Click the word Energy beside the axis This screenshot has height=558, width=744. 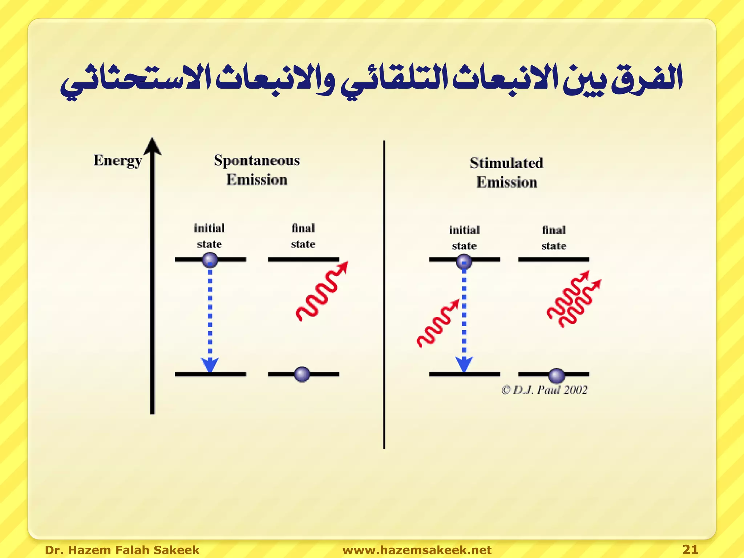click(x=117, y=161)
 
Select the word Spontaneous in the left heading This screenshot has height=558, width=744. click(x=257, y=160)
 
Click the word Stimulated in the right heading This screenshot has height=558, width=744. click(x=506, y=163)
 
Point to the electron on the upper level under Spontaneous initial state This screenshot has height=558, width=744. click(x=210, y=260)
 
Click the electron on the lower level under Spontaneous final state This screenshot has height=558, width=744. click(x=302, y=374)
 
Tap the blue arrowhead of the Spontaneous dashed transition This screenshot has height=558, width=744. click(x=210, y=364)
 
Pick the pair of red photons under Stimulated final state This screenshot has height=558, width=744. click(x=573, y=299)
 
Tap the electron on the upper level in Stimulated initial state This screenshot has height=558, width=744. click(x=464, y=261)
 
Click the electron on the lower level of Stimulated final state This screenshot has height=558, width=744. click(x=556, y=375)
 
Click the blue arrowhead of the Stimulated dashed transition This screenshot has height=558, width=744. click(x=464, y=364)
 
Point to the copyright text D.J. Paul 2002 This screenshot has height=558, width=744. click(x=545, y=390)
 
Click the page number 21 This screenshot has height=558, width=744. click(x=690, y=549)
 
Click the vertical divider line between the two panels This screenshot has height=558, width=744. click(x=384, y=294)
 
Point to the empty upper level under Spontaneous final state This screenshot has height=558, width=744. click(x=303, y=259)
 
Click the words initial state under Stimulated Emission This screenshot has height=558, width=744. click(x=464, y=238)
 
